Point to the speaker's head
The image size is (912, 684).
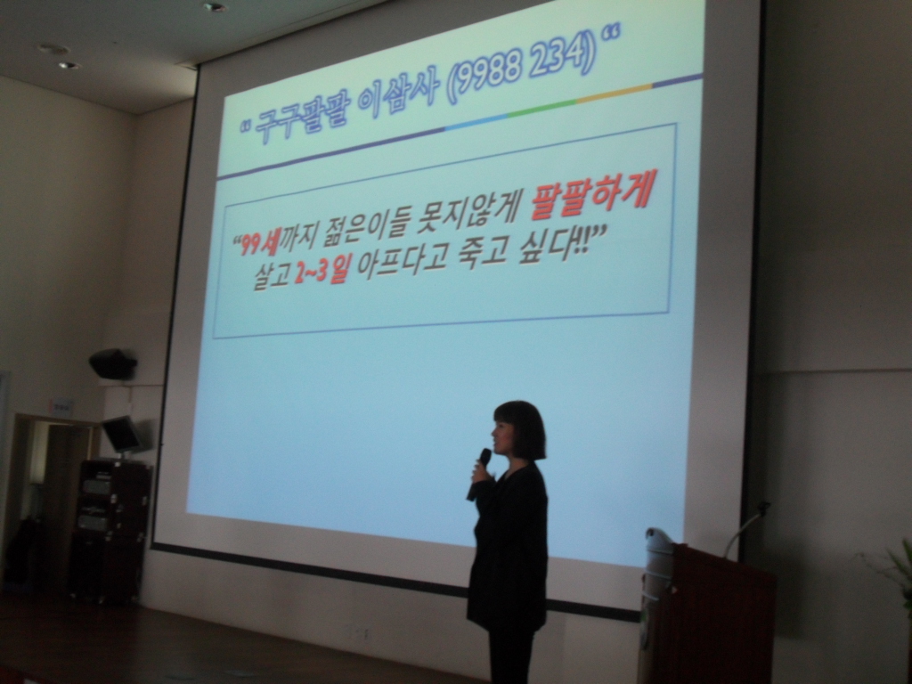click(x=519, y=430)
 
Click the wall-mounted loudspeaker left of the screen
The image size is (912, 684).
click(x=113, y=363)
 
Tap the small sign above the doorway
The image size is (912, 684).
click(x=61, y=407)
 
